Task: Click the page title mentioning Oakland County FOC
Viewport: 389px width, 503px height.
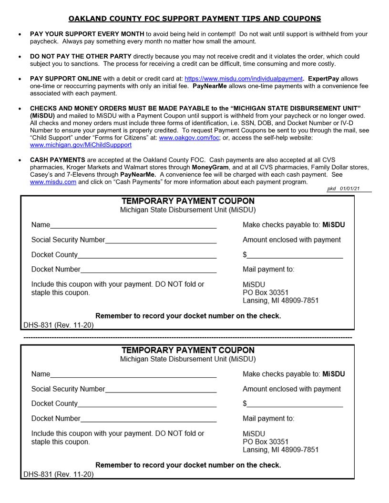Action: (194, 19)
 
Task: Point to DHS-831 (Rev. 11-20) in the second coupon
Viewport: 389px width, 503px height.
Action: (59, 474)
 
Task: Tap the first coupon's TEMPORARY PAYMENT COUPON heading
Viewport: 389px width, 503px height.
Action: (188, 201)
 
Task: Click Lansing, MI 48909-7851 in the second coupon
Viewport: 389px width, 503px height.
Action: (280, 450)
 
